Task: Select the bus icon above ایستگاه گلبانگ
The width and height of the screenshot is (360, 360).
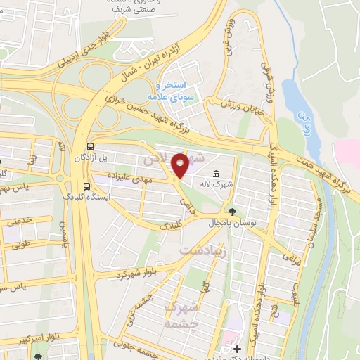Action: pyautogui.click(x=86, y=187)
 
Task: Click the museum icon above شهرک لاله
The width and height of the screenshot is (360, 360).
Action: pyautogui.click(x=215, y=174)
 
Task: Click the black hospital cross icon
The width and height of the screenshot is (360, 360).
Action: pyautogui.click(x=238, y=349)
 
